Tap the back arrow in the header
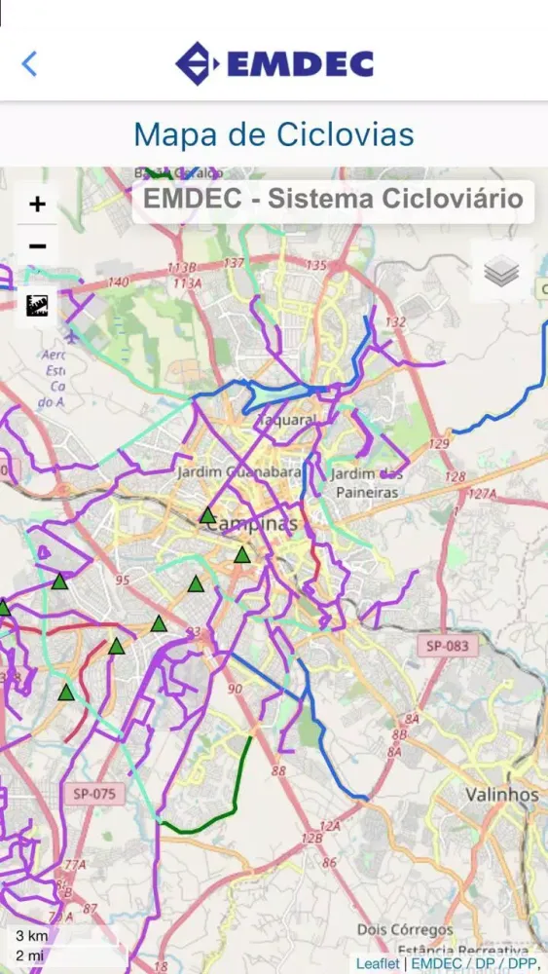(x=29, y=64)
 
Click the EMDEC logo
(x=274, y=64)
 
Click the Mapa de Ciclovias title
(x=274, y=133)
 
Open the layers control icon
(x=501, y=272)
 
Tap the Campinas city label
(x=250, y=524)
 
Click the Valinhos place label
(x=501, y=794)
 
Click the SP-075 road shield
(x=94, y=794)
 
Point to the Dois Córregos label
(x=405, y=930)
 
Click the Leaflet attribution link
(x=378, y=963)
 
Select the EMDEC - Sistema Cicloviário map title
(x=333, y=200)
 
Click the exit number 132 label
(x=395, y=321)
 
